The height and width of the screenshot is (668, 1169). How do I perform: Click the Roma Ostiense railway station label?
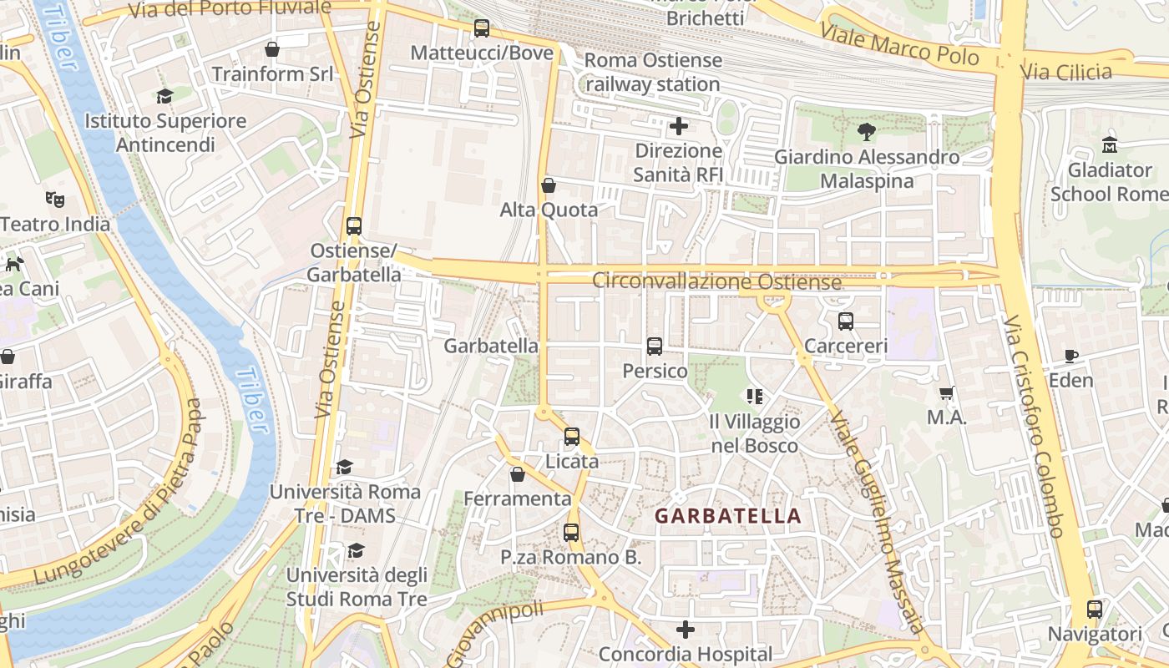click(x=653, y=73)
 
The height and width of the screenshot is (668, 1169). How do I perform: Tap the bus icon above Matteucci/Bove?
click(x=482, y=28)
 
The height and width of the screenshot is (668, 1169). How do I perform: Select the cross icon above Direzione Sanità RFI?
click(x=679, y=127)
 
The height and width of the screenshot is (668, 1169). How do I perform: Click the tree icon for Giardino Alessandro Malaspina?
click(x=866, y=132)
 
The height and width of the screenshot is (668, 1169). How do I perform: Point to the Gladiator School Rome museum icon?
click(x=1110, y=145)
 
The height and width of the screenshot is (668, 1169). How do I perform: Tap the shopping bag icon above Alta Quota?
click(x=549, y=185)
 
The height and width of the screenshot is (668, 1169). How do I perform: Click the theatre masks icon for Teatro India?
click(x=55, y=200)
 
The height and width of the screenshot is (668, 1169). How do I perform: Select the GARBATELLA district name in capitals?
click(x=728, y=516)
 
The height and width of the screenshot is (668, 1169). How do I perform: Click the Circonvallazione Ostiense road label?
click(x=716, y=281)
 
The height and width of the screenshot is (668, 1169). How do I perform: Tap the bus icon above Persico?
click(x=655, y=347)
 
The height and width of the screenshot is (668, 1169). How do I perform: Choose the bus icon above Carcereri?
click(x=846, y=321)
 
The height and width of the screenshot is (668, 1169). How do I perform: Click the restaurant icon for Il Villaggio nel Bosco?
click(x=755, y=397)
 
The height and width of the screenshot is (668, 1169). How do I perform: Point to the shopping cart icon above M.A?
click(x=947, y=393)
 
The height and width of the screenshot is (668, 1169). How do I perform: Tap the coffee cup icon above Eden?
click(x=1071, y=357)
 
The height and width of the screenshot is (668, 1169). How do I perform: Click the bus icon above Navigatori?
click(x=1095, y=610)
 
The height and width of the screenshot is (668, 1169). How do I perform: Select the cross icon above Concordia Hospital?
click(x=686, y=629)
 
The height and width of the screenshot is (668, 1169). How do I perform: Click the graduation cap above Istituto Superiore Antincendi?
click(x=164, y=96)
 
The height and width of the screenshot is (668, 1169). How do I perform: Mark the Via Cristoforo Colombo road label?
click(x=1034, y=426)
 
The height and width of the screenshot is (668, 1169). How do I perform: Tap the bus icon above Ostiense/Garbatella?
click(x=354, y=226)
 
